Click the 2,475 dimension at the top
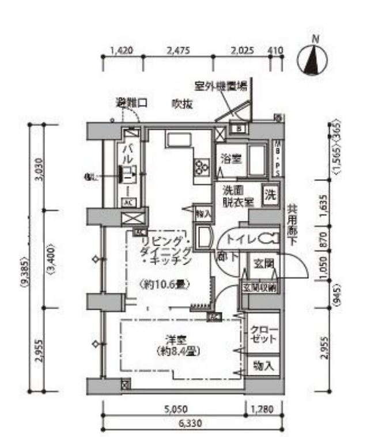click(x=177, y=50)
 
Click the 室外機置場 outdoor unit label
click(x=221, y=86)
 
